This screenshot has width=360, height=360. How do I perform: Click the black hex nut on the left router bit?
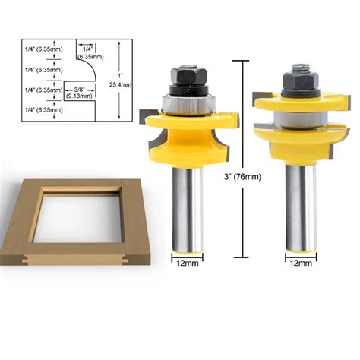188,76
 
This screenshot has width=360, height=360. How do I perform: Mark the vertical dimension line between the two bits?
242,137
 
